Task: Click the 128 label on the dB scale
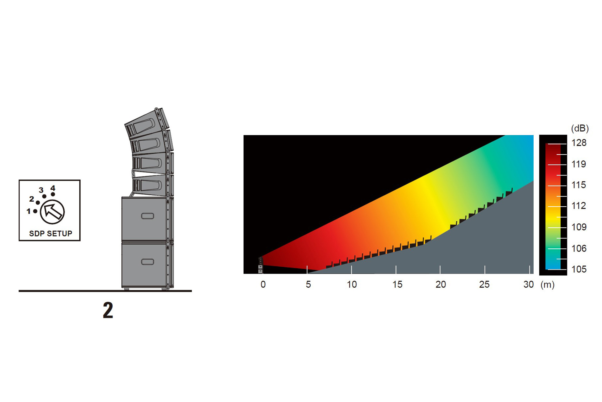coord(579,143)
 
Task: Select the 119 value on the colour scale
coord(579,164)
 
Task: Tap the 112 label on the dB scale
coord(579,206)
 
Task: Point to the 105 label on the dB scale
coord(579,269)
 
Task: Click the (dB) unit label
coord(580,128)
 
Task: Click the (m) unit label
coord(547,285)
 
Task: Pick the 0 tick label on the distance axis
coord(263,285)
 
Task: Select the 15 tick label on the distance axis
coord(397,285)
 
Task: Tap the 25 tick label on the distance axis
coord(484,285)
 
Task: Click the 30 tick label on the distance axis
coord(529,285)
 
